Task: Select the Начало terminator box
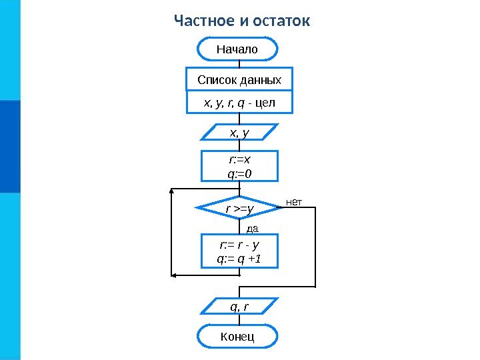click(x=238, y=49)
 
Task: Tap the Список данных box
click(x=239, y=80)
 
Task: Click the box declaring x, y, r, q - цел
click(x=239, y=103)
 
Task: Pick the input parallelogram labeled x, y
click(x=239, y=133)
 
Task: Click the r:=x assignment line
click(x=239, y=160)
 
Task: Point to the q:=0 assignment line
click(x=239, y=173)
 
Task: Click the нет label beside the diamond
click(x=295, y=201)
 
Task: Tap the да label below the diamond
click(x=252, y=228)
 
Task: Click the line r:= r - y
click(x=239, y=244)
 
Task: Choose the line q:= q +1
click(x=239, y=259)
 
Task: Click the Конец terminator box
click(x=238, y=337)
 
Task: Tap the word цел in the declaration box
click(x=265, y=103)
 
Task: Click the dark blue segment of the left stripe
click(x=10, y=146)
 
